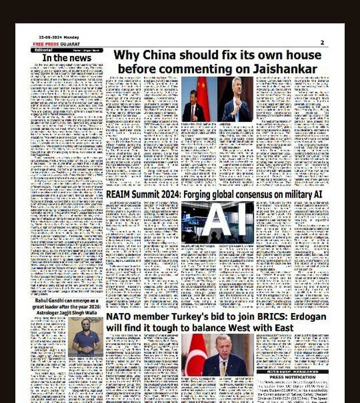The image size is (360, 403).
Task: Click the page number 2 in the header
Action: click(x=322, y=42)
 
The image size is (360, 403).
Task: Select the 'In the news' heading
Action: click(x=63, y=58)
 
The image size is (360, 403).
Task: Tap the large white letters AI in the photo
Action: click(x=217, y=222)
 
